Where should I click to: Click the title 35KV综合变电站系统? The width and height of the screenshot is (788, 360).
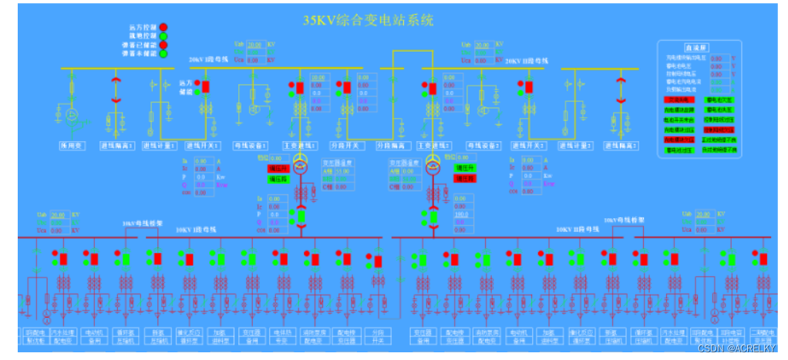[x=369, y=19]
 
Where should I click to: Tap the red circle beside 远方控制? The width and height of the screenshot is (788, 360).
[x=163, y=28]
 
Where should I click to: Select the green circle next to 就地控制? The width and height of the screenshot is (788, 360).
[x=163, y=36]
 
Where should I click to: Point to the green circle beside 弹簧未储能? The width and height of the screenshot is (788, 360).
[x=163, y=54]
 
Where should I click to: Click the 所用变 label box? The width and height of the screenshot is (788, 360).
[x=74, y=145]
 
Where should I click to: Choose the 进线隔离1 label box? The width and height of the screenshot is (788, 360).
[x=117, y=145]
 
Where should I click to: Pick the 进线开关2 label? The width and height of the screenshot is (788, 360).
[x=530, y=145]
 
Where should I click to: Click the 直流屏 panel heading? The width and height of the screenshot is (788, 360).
[x=695, y=47]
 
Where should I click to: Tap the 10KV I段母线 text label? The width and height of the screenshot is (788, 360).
[x=196, y=230]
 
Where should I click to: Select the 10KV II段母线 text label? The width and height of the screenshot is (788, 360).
[x=574, y=230]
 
